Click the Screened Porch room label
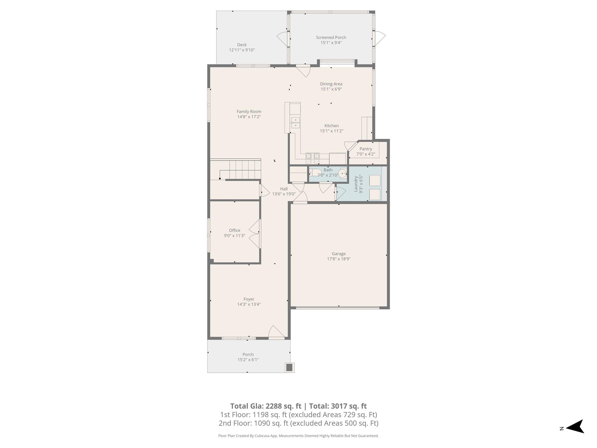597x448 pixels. (x=331, y=37)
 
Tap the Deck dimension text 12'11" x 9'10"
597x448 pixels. (x=242, y=50)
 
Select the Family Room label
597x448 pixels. (x=249, y=111)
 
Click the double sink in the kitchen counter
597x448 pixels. (x=295, y=123)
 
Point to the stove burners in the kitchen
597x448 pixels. (x=312, y=158)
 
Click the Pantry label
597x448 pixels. (x=366, y=149)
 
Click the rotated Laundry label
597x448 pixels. (x=356, y=184)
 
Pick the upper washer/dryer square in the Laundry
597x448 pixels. (x=375, y=181)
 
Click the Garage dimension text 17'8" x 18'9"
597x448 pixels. (x=338, y=259)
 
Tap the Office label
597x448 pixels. (x=234, y=230)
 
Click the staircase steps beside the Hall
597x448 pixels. (x=245, y=170)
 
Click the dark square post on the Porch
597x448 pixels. (x=289, y=367)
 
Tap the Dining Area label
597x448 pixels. (x=331, y=84)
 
